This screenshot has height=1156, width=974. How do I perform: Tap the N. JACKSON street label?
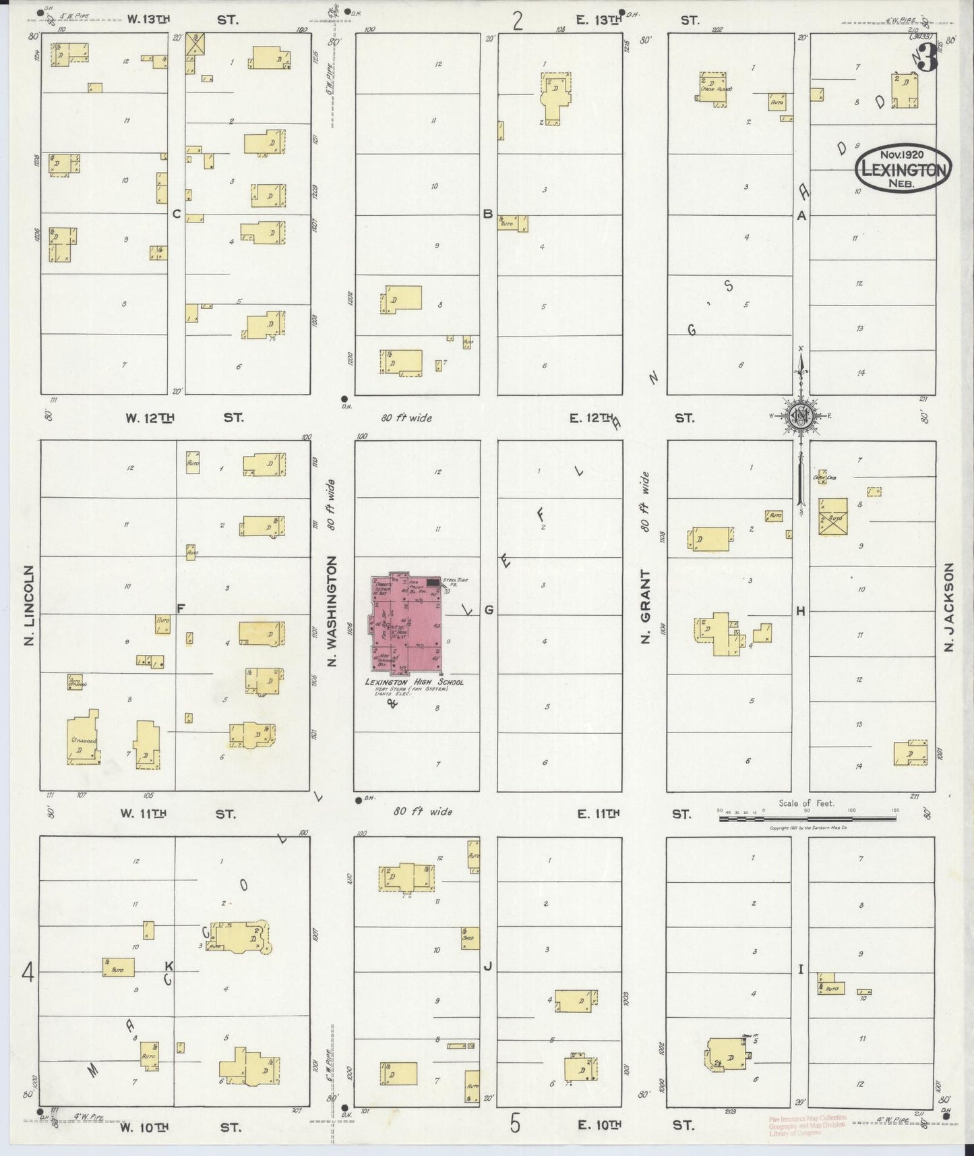pos(950,607)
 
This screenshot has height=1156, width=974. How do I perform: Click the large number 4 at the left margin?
pos(28,972)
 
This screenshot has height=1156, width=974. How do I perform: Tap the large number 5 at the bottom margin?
pos(515,1124)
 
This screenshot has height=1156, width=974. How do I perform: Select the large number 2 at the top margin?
pos(518,22)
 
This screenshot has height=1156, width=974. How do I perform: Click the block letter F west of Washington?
pos(181,608)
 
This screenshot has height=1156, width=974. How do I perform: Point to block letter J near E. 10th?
pos(487,966)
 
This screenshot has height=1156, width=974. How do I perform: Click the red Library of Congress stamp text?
pos(808,1126)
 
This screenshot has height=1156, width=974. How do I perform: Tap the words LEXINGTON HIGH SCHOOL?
pos(414,682)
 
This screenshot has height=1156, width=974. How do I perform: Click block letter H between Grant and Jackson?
pos(801,611)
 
